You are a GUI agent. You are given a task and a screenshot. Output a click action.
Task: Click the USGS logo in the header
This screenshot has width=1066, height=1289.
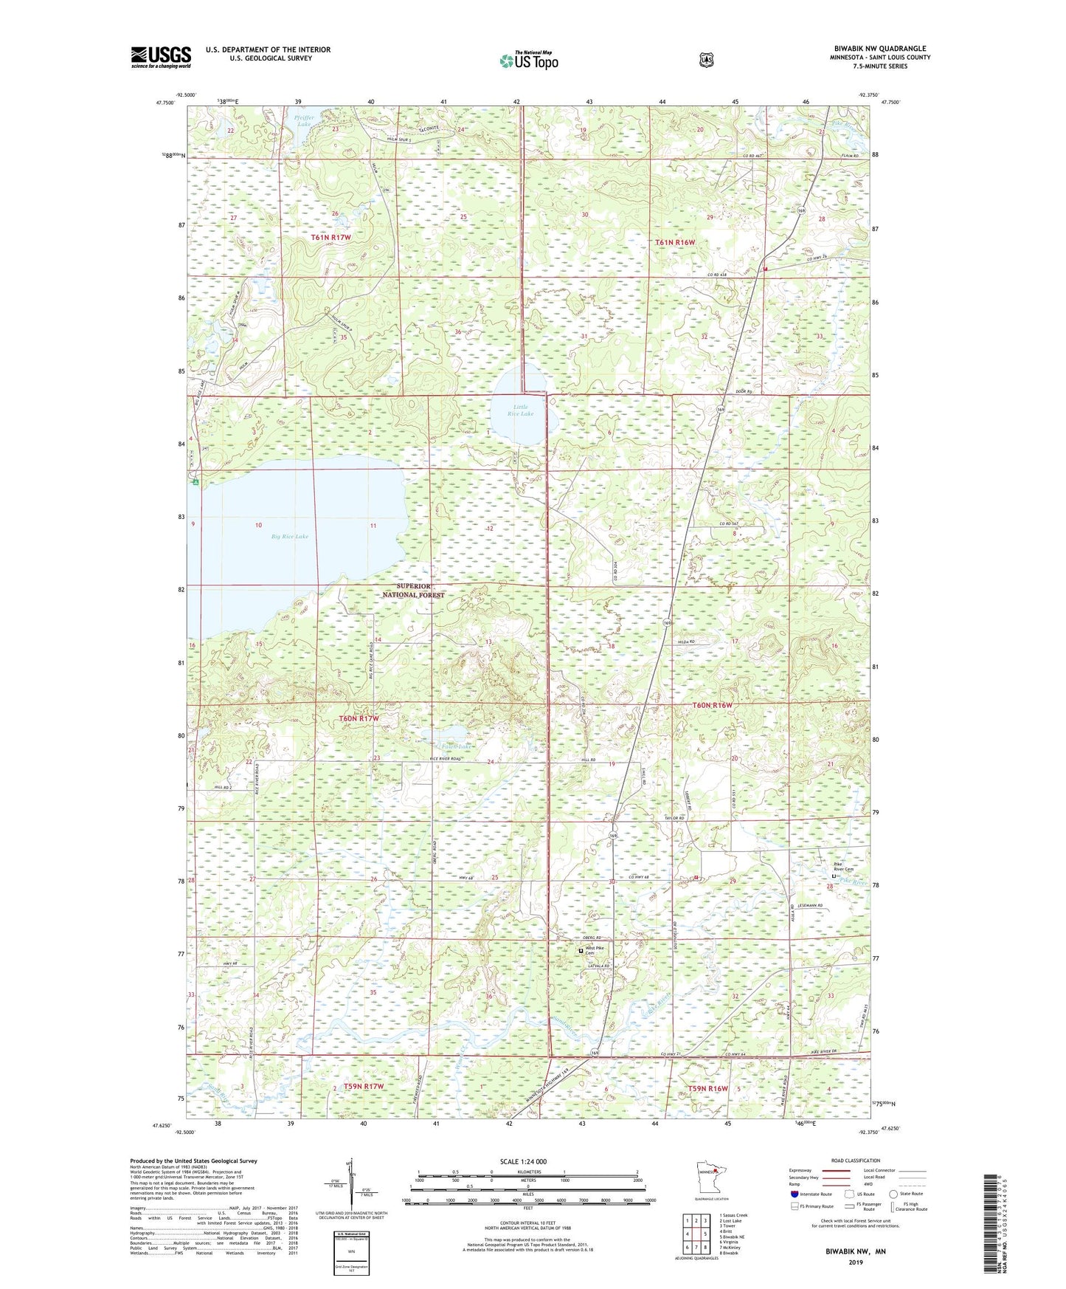161,57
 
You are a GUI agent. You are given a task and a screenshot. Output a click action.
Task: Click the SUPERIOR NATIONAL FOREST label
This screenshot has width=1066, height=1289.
414,590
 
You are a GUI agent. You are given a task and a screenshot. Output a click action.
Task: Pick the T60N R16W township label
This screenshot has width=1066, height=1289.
713,705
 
